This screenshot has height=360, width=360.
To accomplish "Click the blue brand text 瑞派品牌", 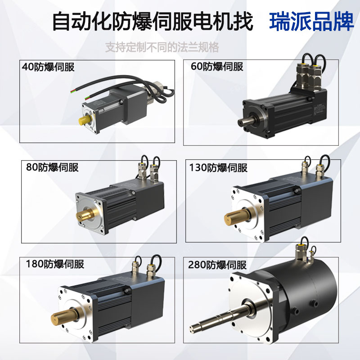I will [x=312, y=21].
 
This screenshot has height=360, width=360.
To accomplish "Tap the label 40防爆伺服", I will [x=48, y=67].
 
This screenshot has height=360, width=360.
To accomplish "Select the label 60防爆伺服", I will [x=217, y=67].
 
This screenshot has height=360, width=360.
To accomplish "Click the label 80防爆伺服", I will [x=52, y=167].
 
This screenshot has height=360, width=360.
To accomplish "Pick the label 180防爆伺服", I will [x=55, y=264].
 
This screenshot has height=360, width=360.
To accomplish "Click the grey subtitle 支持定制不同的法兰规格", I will [x=162, y=47].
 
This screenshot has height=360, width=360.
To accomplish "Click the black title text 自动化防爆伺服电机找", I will [x=153, y=21].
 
